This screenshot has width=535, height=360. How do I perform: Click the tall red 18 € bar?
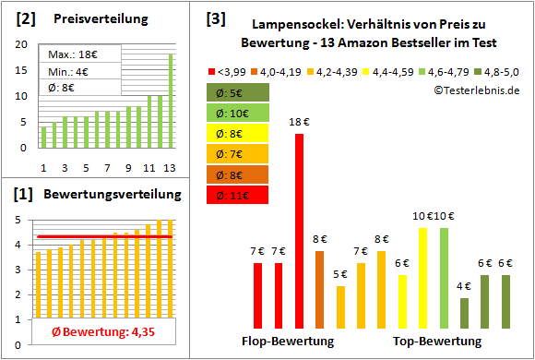(x=299, y=231)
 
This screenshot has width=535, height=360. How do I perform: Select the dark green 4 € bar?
(x=464, y=313)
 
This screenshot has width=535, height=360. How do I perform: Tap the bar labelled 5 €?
(x=340, y=306)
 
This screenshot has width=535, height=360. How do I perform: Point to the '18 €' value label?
(x=299, y=122)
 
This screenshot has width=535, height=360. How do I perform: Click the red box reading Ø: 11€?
(x=238, y=195)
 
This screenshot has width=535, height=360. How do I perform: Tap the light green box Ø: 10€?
(x=238, y=113)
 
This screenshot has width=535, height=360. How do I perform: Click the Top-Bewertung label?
(x=436, y=342)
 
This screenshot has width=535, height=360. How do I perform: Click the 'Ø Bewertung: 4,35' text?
(x=90, y=332)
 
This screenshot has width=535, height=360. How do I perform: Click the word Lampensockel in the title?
(x=296, y=26)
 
